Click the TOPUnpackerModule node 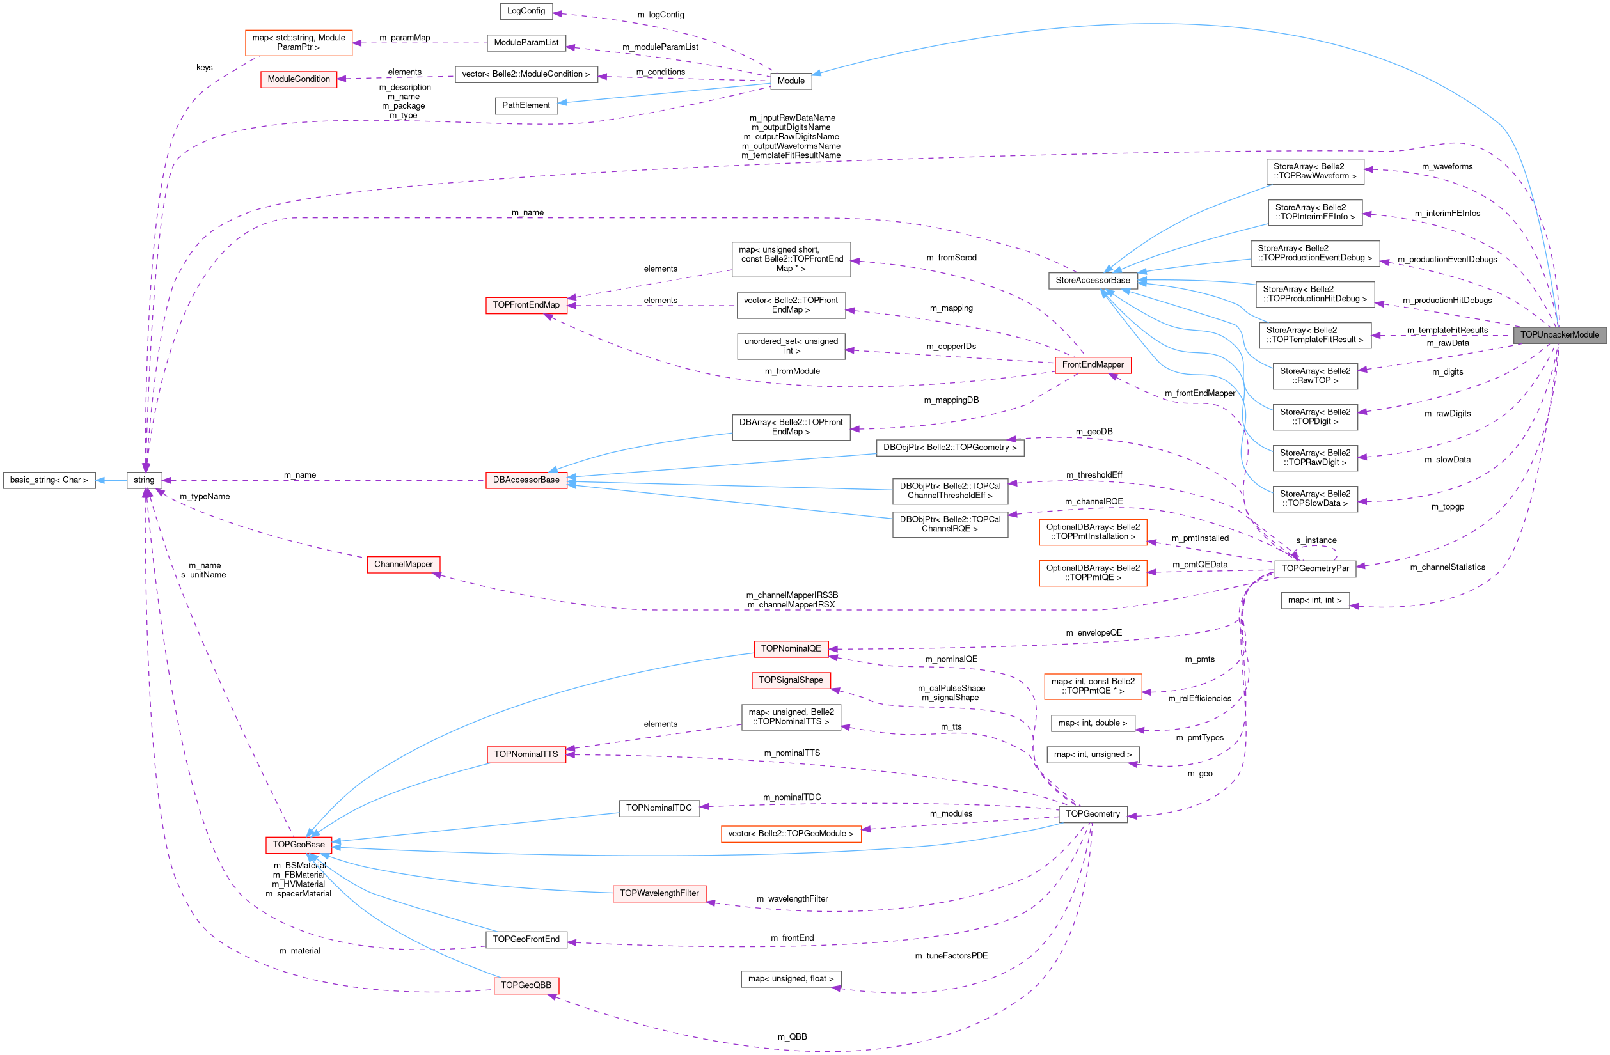1559,335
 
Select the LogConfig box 526,11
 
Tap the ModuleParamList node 526,43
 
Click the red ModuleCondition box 298,79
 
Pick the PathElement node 526,105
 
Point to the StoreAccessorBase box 1092,281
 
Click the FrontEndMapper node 1092,365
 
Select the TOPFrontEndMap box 526,305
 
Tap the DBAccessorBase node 526,480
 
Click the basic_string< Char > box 49,480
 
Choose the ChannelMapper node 403,564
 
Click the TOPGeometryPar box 1314,568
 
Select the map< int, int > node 1314,600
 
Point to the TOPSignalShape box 790,680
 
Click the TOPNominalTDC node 658,808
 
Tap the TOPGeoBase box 298,845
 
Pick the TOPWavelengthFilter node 659,893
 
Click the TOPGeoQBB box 526,985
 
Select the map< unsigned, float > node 790,978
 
